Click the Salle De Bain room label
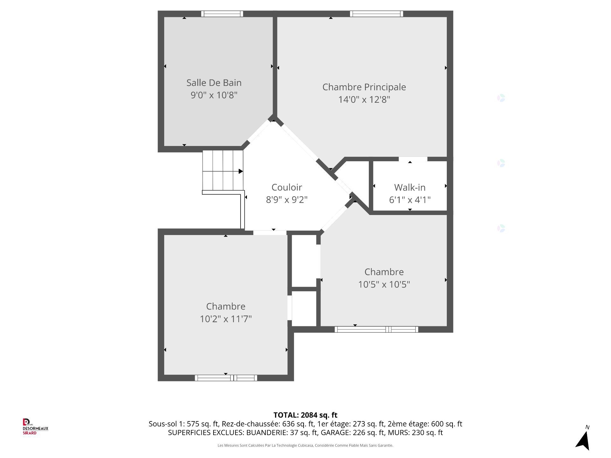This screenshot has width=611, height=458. (x=214, y=83)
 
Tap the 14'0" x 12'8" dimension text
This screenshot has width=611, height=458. (x=364, y=100)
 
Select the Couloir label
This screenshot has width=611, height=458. (x=286, y=187)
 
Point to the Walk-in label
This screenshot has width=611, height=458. (x=410, y=187)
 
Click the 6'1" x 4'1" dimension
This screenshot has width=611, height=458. (x=410, y=200)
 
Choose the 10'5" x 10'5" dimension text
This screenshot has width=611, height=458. (x=384, y=284)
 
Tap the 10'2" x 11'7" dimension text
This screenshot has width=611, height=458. (x=226, y=319)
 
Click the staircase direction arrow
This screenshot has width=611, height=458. (x=241, y=171)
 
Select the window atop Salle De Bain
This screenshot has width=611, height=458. (x=222, y=14)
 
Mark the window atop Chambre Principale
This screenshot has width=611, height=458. (x=376, y=14)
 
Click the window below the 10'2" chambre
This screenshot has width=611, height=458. (x=226, y=378)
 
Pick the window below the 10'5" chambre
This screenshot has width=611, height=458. (x=376, y=330)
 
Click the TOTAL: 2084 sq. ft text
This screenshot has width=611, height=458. (x=305, y=415)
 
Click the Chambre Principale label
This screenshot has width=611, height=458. (x=364, y=87)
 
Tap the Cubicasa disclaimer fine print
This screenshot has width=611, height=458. (x=305, y=446)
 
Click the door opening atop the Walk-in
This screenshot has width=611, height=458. (x=413, y=159)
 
